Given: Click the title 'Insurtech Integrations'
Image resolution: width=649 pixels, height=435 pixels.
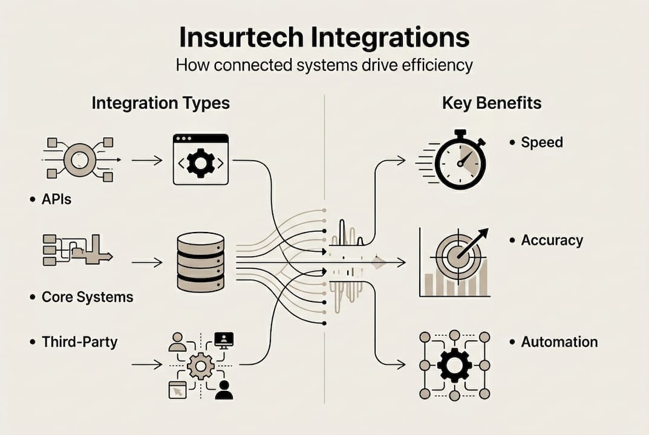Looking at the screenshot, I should coord(324,37).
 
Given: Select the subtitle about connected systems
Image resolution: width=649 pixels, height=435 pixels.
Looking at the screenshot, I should coord(324,65).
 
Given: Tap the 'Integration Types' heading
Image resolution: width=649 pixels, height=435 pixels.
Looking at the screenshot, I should coord(160,103).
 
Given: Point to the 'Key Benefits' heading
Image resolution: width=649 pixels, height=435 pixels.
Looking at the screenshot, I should coord(491,103).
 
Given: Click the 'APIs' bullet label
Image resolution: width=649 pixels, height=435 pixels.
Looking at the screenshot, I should coord(56,199).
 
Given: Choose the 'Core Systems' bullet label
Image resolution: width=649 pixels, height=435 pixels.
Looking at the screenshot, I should coord(87,297).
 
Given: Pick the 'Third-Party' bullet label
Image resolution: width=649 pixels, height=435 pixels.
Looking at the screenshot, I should coord(79,342).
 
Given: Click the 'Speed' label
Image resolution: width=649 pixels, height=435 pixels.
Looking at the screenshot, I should coord(542,143).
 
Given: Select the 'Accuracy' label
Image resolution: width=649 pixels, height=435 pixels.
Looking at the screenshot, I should coord(552,240).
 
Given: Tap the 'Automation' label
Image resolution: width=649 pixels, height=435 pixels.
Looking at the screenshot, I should coord(559,342).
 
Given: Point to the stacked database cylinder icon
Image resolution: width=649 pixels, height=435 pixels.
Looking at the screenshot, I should coord(201,263).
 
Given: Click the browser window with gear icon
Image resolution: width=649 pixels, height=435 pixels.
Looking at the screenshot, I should coord(201,159).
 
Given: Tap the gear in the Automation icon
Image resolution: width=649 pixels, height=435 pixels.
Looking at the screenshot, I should coord(454,365).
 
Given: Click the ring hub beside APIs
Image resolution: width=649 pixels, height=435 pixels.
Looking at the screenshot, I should coord(80,160).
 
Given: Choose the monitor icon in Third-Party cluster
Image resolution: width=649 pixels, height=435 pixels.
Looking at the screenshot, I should coord(224,340).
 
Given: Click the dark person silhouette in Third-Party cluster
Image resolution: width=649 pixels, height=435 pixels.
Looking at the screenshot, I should coord(224,390).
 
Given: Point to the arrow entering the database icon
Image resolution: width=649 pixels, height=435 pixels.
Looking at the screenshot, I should coord(147,263).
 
